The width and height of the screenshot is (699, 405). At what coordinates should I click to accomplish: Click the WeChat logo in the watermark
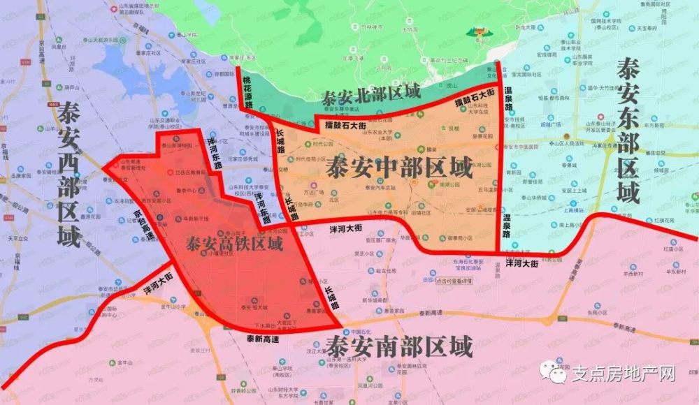pyautogui.click(x=557, y=373)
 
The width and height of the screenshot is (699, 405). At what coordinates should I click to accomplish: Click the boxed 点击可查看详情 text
pyautogui.click(x=452, y=281)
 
